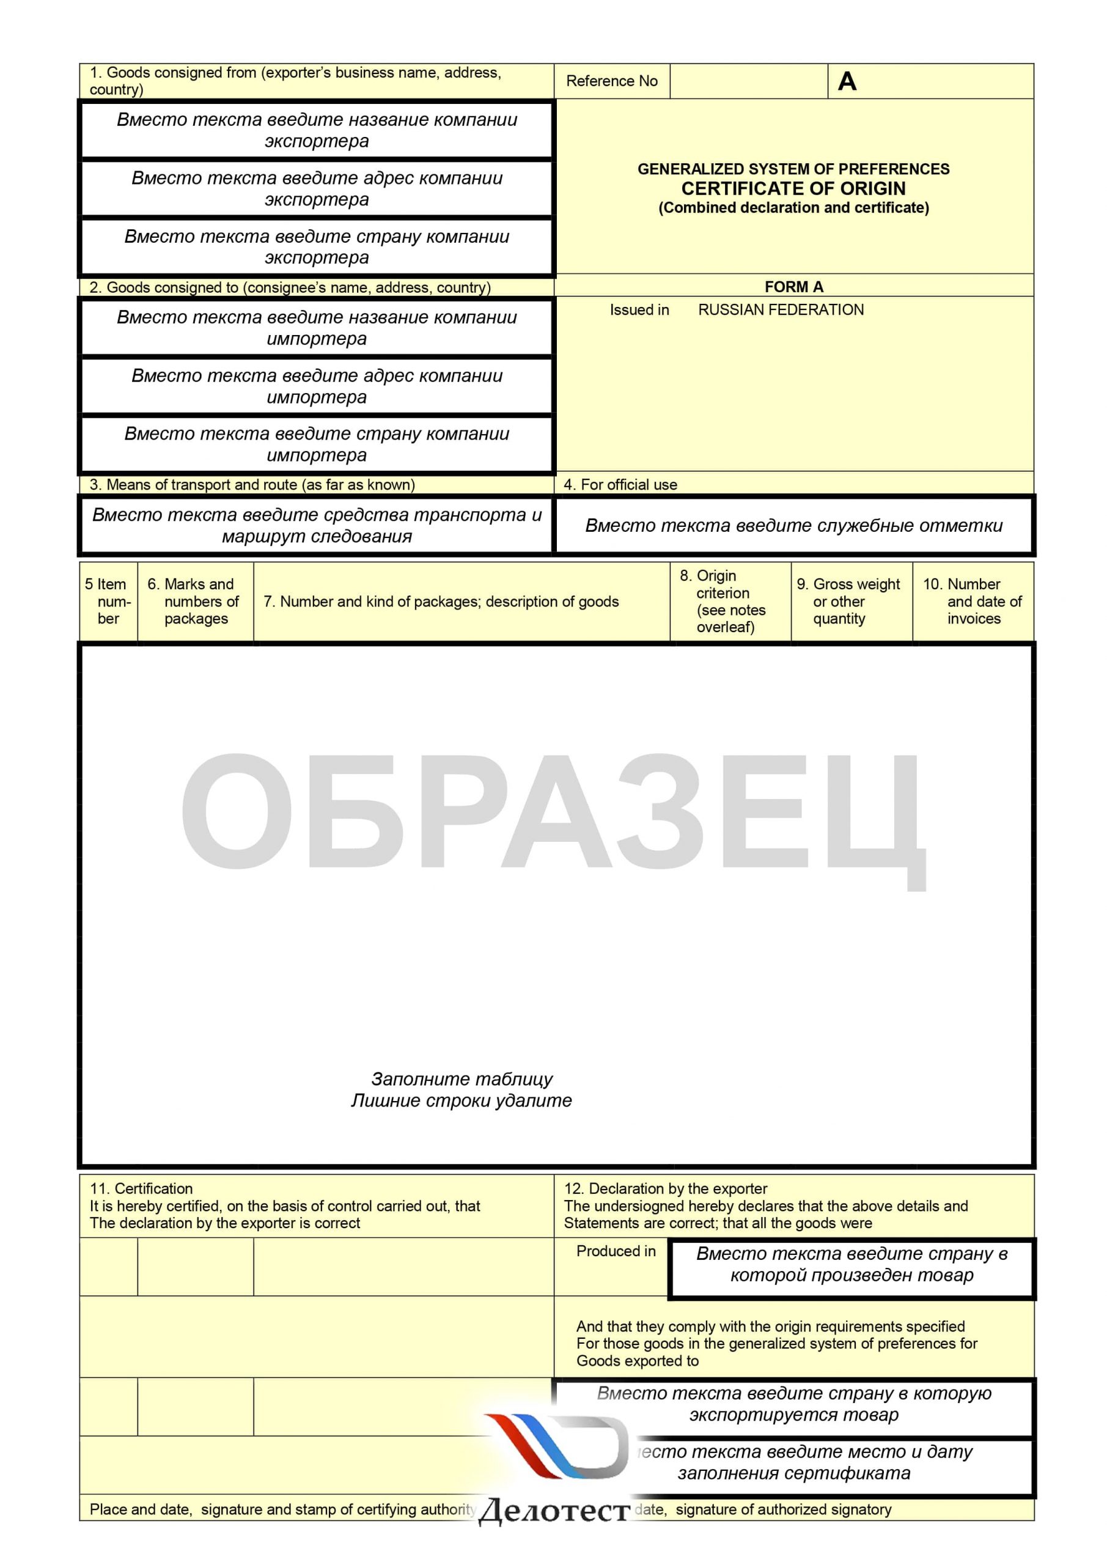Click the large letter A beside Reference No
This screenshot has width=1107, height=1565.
847,82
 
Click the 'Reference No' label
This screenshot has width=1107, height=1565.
611,81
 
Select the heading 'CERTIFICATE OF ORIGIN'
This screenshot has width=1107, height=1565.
793,189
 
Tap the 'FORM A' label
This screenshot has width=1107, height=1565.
793,287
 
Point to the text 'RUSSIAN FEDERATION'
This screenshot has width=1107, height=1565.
781,310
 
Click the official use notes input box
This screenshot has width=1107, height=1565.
793,526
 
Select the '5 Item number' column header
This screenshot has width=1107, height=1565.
108,601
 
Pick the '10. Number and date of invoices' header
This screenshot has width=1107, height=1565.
973,601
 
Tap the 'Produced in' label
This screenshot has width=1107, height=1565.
616,1251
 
